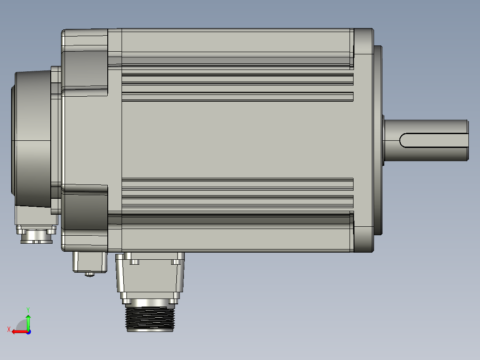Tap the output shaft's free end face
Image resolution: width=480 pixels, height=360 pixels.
click(467, 140)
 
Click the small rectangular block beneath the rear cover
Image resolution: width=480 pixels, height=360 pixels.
click(89, 262)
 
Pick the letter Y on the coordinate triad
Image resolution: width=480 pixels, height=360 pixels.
click(28, 309)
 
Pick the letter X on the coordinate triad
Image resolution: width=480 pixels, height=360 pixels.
click(8, 329)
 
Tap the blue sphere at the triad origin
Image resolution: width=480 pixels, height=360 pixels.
click(28, 331)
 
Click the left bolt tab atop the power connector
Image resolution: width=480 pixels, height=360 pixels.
click(134, 262)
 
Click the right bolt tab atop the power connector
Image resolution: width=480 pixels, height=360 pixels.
click(176, 262)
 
